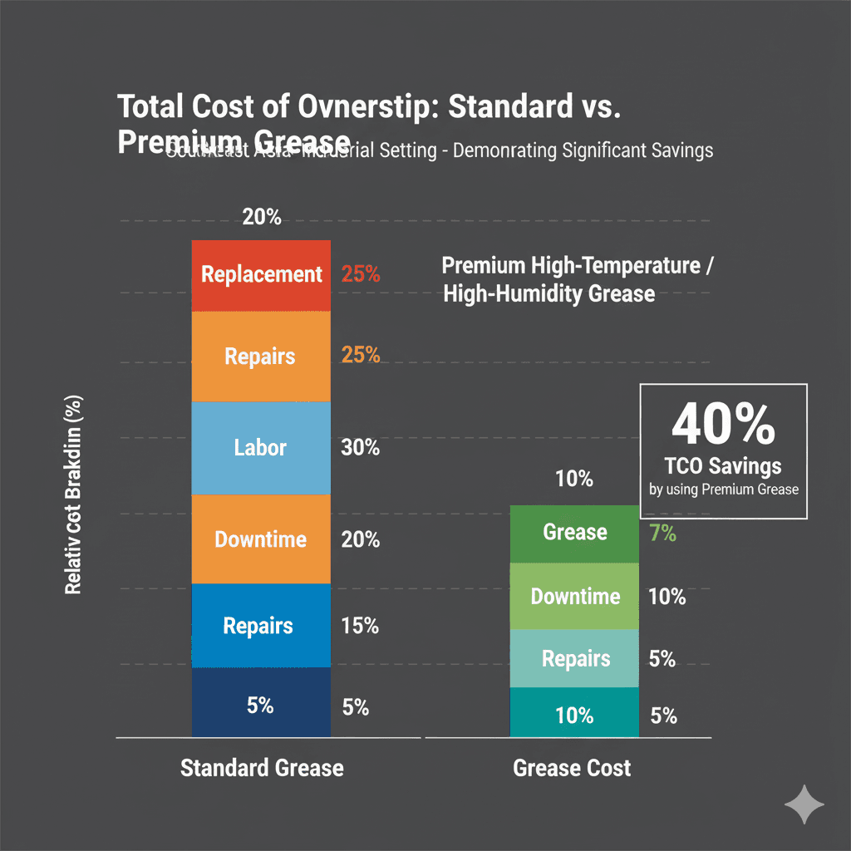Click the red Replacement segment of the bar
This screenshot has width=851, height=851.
coord(261,275)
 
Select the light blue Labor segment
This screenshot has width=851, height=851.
coord(261,448)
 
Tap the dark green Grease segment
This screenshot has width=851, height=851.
coord(574,533)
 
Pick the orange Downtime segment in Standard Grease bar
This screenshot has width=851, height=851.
coord(261,539)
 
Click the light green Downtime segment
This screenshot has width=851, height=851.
coord(574,596)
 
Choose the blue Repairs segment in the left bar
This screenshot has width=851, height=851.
coord(261,625)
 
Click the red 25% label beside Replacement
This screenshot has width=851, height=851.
coord(361,273)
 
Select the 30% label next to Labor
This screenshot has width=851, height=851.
coord(361,448)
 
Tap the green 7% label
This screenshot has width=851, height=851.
coord(662,534)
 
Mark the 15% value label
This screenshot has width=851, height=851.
coord(361,626)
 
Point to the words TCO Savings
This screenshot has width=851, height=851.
coord(723,465)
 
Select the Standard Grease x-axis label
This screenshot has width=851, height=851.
coord(262,767)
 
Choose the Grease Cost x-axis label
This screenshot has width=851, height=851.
coord(572,767)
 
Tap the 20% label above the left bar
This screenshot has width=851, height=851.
coord(262,218)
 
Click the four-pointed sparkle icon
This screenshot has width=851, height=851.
coord(804,804)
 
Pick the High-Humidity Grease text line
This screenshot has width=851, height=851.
coord(548,293)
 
